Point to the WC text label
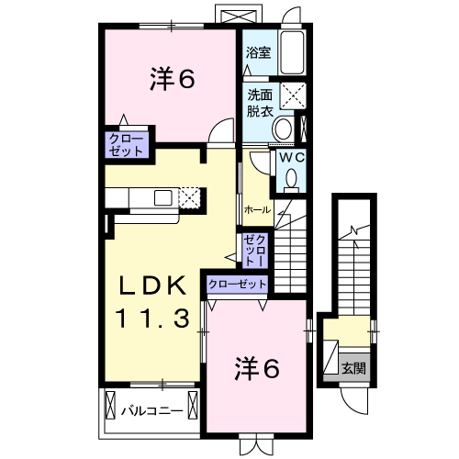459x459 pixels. click(291, 158)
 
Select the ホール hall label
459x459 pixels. click(257, 210)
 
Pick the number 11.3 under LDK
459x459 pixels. click(153, 319)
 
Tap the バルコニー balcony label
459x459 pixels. click(152, 411)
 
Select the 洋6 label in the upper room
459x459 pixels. click(172, 80)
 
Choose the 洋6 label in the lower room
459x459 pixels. click(257, 369)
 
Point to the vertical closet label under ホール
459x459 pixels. click(254, 250)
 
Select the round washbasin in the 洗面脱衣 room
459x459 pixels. click(283, 129)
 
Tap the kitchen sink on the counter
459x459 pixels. click(162, 197)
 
